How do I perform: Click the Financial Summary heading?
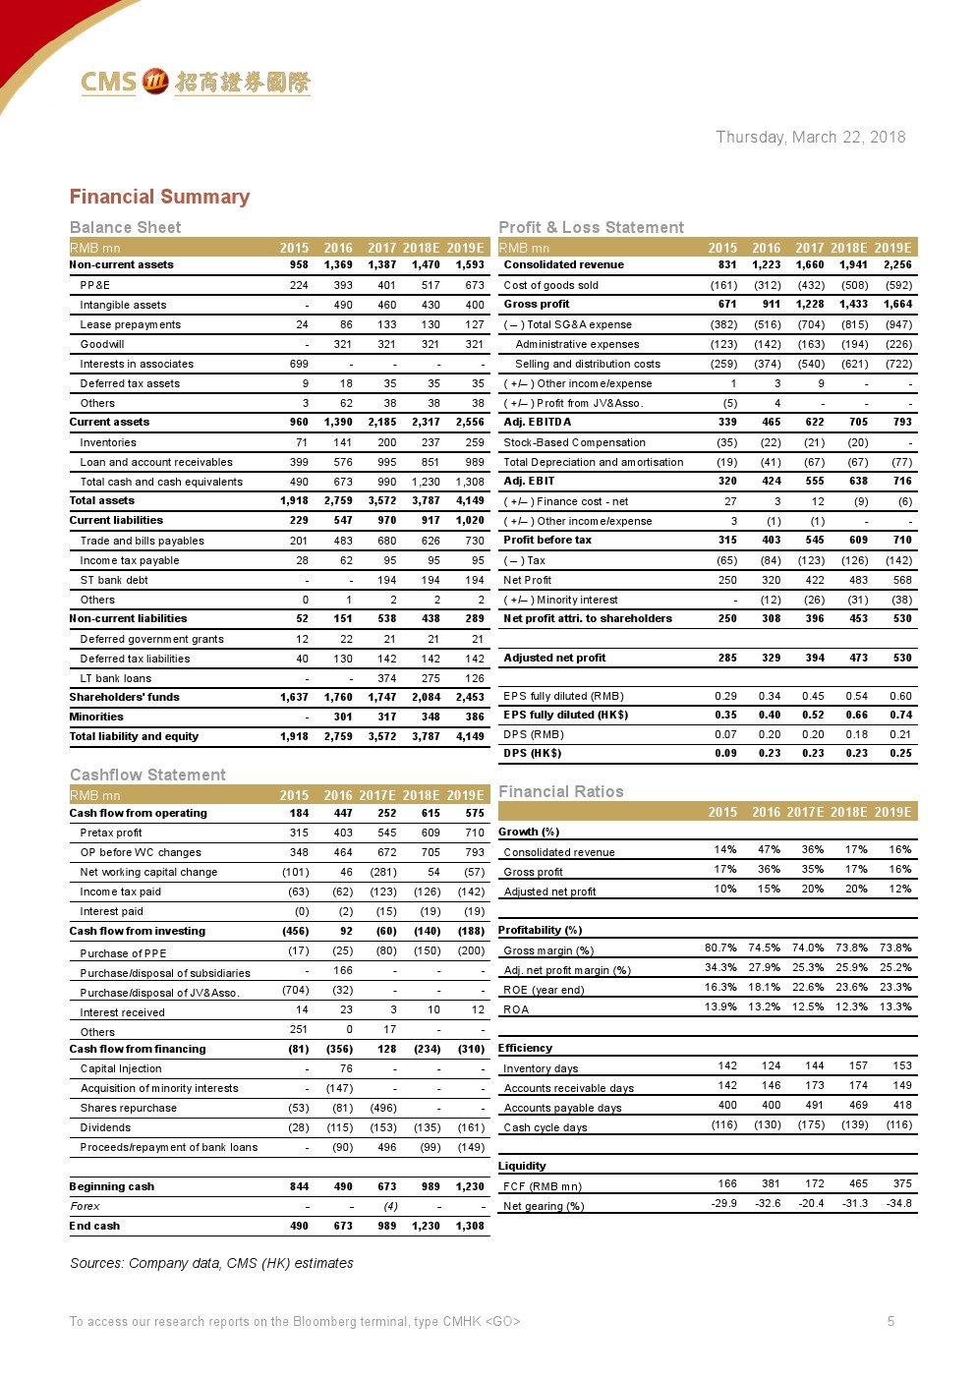point(159,197)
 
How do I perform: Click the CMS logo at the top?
point(195,82)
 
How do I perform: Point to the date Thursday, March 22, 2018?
point(810,137)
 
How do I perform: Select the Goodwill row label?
point(102,344)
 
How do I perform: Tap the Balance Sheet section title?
point(125,227)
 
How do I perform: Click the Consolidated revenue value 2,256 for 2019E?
point(897,264)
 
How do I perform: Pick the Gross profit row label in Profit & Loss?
point(537,304)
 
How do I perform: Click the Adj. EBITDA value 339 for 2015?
point(727,422)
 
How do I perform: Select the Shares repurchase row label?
point(129,1108)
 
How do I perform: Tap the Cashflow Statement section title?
point(147,775)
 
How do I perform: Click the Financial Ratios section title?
point(560,791)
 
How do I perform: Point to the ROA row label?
point(516,1009)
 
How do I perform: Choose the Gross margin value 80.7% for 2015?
point(720,948)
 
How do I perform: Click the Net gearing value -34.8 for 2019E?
point(898,1203)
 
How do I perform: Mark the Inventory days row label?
point(541,1068)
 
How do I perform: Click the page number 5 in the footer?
point(890,1321)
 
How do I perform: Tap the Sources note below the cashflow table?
point(211,1263)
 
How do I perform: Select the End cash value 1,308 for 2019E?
point(470,1226)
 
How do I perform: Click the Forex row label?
point(86,1206)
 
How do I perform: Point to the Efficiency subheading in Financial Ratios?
point(525,1048)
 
